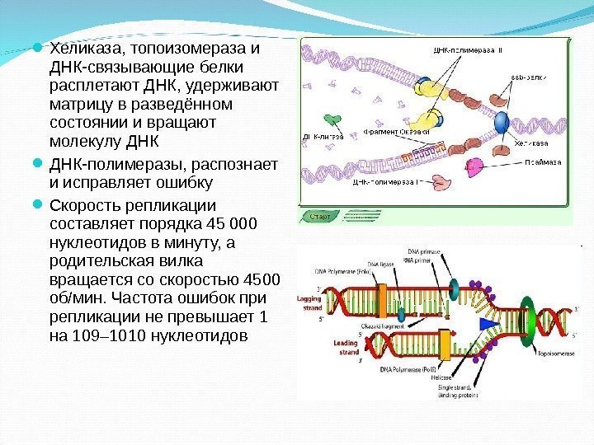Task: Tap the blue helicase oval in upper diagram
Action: tap(502, 123)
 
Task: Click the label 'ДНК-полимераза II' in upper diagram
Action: tap(467, 51)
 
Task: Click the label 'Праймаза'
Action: tap(541, 163)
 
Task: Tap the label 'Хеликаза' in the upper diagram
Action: tap(531, 143)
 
